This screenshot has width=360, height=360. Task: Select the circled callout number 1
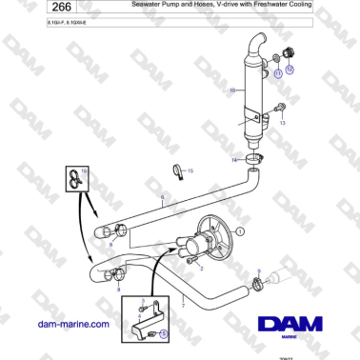[241, 230]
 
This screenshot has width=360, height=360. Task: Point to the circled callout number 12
[290, 70]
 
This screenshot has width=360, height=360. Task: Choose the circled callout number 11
[277, 72]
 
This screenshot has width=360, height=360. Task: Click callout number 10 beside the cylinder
[230, 91]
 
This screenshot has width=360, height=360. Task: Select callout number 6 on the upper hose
[163, 199]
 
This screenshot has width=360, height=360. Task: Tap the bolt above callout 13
[280, 107]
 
